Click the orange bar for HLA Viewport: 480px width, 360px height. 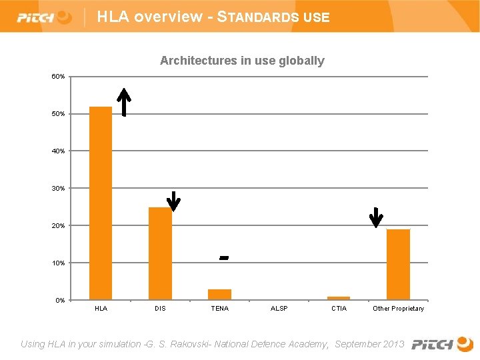(x=101, y=203)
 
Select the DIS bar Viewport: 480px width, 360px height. (x=160, y=253)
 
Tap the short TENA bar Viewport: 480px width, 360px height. (x=219, y=294)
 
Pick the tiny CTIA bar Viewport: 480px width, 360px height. (x=339, y=298)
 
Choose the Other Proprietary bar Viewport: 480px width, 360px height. (x=398, y=264)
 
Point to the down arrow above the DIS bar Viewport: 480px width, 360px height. (x=173, y=201)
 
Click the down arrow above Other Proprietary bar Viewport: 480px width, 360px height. (x=376, y=217)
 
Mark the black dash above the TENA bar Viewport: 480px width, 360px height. (x=224, y=257)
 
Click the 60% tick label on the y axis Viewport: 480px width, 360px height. (x=59, y=77)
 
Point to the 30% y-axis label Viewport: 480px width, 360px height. (x=59, y=189)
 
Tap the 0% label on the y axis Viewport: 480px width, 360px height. (x=61, y=300)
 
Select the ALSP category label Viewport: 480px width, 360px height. (x=279, y=309)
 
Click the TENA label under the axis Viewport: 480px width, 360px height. (x=219, y=309)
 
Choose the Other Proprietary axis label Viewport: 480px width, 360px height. (x=398, y=309)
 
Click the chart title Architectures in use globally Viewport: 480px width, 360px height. (x=242, y=61)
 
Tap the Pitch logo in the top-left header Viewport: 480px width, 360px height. (x=44, y=17)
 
